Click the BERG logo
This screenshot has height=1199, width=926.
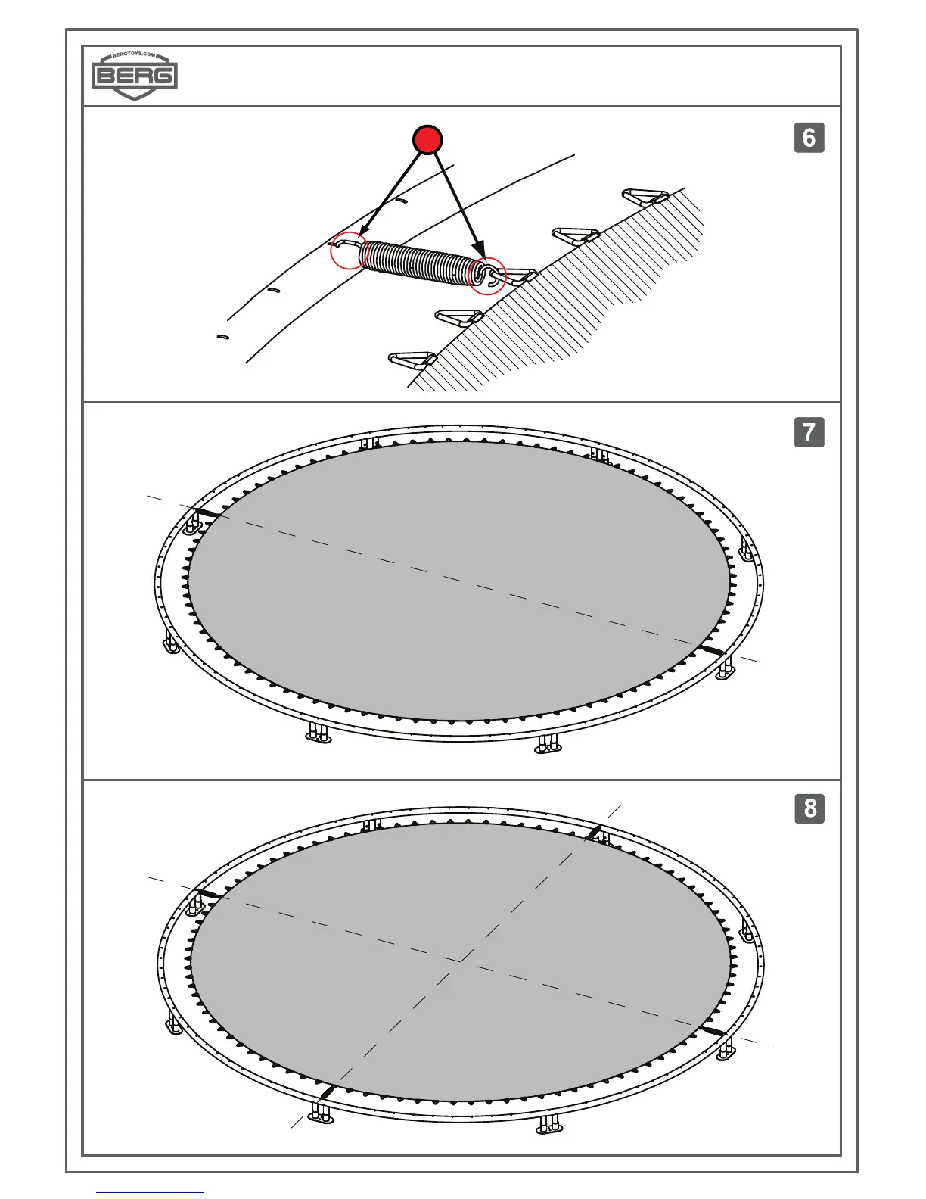point(135,76)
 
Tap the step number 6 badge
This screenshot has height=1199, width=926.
point(809,138)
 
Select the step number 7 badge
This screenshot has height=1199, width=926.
point(809,432)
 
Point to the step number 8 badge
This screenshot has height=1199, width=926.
point(809,808)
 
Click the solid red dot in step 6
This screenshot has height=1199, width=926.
point(427,140)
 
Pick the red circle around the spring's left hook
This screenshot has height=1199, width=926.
point(350,250)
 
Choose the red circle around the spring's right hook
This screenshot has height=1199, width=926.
point(487,276)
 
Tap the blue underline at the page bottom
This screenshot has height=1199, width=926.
point(149,1192)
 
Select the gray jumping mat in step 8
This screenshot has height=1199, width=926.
point(460,961)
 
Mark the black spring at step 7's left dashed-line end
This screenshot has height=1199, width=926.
point(210,515)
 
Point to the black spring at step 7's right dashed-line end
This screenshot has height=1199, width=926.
point(712,651)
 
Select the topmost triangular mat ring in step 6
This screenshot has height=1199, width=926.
point(645,197)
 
